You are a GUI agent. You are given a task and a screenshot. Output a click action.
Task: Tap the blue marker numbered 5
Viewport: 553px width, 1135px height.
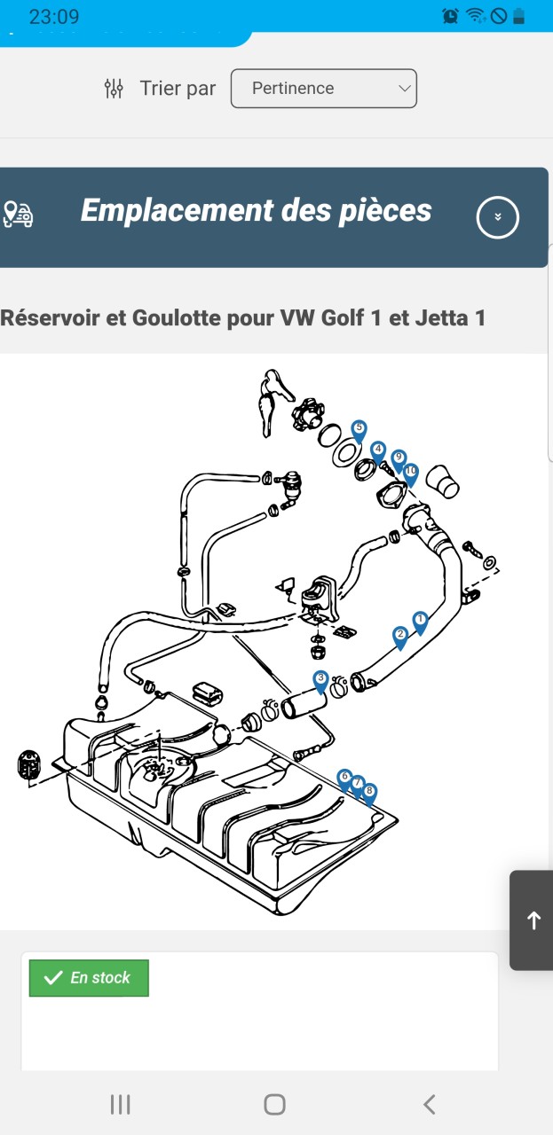tap(359, 430)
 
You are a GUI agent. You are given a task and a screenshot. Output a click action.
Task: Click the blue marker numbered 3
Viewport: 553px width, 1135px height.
tap(320, 680)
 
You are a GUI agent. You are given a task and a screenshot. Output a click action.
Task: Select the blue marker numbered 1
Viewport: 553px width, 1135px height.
tap(420, 621)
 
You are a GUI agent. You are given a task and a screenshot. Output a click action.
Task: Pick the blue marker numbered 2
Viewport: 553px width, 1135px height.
tap(400, 636)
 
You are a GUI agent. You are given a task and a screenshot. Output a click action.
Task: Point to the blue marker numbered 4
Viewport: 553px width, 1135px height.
tap(378, 451)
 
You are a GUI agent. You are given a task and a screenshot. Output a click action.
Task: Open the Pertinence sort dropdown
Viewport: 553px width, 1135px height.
tap(323, 89)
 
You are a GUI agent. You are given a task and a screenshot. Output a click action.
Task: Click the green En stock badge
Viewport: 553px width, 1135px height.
tap(89, 978)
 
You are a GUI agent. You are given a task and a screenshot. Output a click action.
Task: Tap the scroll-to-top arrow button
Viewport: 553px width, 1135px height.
tap(533, 920)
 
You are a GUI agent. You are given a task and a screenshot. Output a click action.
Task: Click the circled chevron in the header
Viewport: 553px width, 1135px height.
tap(497, 216)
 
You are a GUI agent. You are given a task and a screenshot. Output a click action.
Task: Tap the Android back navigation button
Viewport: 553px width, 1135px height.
tap(430, 1104)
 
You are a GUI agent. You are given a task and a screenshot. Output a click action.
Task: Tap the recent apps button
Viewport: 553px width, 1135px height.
tap(120, 1104)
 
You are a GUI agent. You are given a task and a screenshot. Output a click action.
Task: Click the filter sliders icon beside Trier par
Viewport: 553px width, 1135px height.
tap(114, 89)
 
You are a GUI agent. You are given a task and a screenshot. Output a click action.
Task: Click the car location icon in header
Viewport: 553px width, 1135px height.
tap(18, 215)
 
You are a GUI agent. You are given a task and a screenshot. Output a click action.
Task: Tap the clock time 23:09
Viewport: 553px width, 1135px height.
tap(54, 16)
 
